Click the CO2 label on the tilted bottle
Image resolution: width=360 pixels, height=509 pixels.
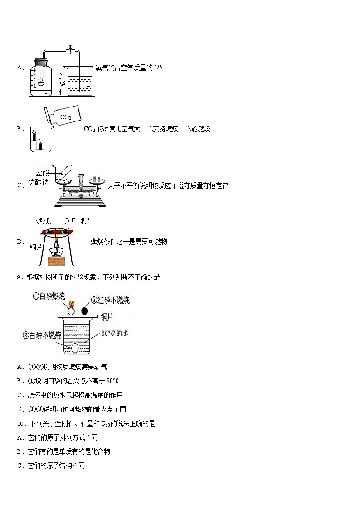(x=66, y=117)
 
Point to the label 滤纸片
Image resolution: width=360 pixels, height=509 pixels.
(x=46, y=221)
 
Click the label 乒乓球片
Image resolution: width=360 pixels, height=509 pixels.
(x=77, y=221)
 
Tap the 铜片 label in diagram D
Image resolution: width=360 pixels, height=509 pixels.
(x=36, y=247)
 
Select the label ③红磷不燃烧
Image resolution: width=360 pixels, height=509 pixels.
(x=111, y=300)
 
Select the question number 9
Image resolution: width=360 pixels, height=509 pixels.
(x=19, y=277)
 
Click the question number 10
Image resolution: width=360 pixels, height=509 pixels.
(x=21, y=424)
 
